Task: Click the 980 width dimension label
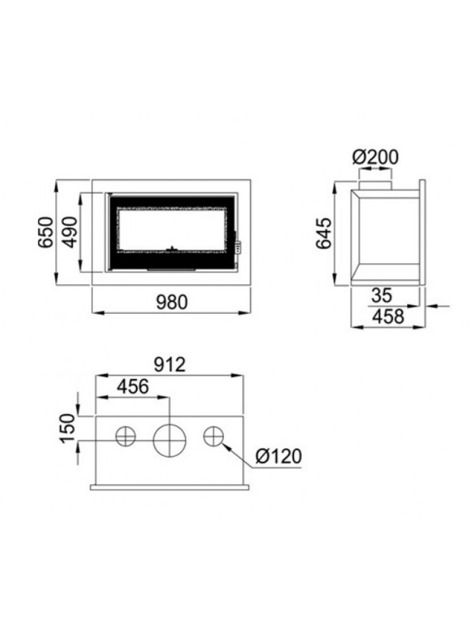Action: click(x=172, y=302)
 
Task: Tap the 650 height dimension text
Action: click(x=46, y=232)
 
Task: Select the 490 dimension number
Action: click(x=70, y=232)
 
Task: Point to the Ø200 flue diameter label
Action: click(x=375, y=157)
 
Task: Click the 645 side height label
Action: click(x=324, y=233)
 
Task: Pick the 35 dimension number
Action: click(x=382, y=296)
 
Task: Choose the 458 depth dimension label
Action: click(x=388, y=316)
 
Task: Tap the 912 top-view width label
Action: click(x=170, y=365)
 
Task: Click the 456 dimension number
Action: click(x=133, y=387)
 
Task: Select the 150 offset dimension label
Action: click(x=68, y=428)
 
